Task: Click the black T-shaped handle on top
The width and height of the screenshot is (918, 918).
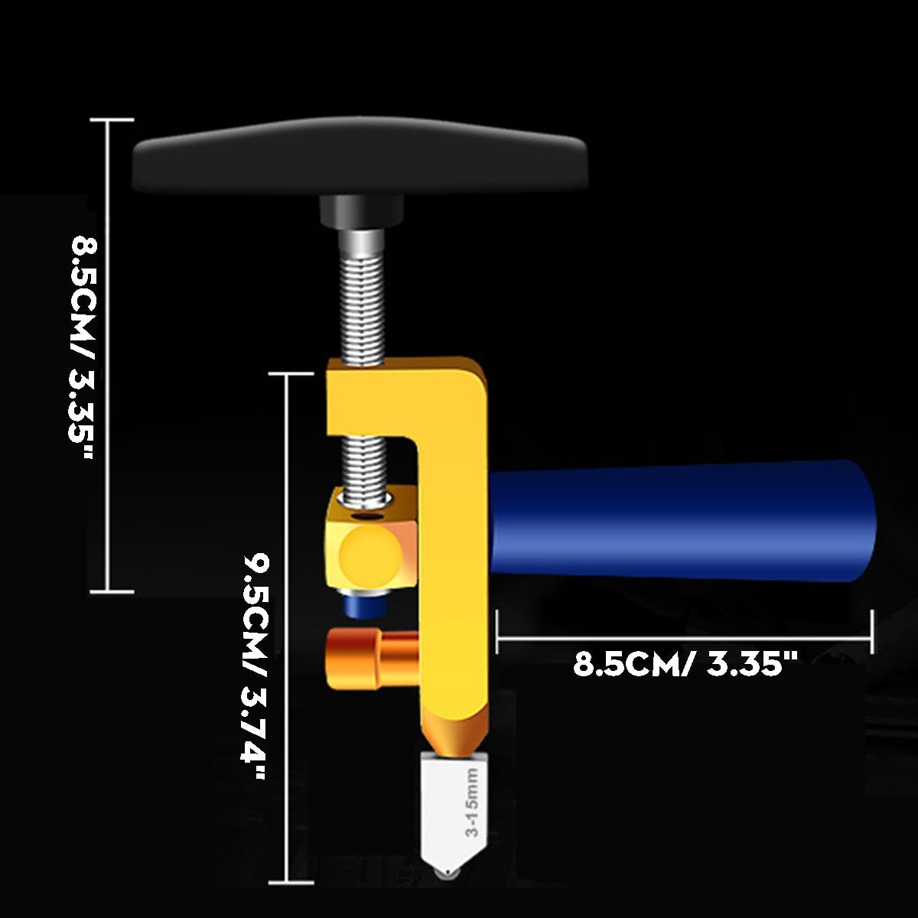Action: (360, 157)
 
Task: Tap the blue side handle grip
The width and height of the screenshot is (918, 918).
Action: (681, 520)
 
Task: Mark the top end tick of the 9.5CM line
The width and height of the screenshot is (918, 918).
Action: (288, 374)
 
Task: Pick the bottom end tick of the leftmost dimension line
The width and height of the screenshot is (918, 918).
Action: (112, 591)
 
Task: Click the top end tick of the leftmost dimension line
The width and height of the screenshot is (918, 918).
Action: (112, 120)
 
